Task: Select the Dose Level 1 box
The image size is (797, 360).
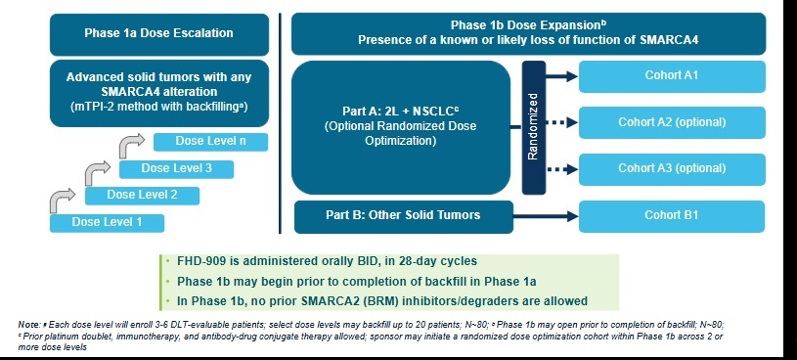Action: tap(107, 222)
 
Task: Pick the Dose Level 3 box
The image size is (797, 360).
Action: tap(176, 168)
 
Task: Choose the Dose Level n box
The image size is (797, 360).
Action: tap(210, 142)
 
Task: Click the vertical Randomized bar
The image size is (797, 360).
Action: tap(534, 127)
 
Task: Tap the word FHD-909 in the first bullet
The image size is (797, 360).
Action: tap(199, 262)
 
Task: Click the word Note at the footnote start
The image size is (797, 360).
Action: tap(28, 324)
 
